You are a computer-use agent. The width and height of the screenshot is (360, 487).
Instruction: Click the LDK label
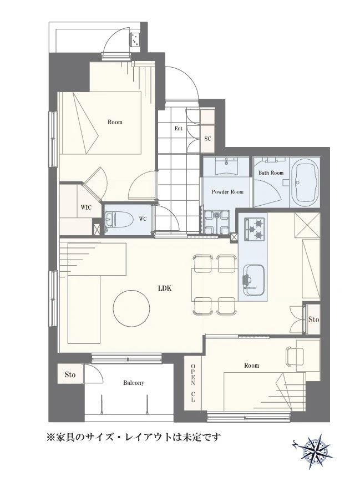click(x=165, y=288)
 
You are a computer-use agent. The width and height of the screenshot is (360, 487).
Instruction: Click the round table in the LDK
click(x=131, y=308)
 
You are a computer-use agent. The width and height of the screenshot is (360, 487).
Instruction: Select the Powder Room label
click(x=227, y=191)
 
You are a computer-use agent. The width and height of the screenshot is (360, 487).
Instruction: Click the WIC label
click(x=86, y=207)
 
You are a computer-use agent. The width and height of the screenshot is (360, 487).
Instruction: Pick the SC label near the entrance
click(x=207, y=139)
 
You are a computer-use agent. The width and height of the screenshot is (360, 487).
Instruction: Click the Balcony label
click(x=134, y=383)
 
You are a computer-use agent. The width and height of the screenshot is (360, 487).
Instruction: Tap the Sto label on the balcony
click(x=70, y=374)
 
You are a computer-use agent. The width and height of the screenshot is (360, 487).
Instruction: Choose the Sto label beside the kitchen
click(x=313, y=319)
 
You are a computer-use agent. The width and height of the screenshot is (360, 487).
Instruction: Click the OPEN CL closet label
click(x=192, y=383)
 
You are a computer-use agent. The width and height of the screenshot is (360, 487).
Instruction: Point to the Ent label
click(x=178, y=128)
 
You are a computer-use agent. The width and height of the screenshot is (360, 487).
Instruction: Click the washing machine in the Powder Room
click(x=217, y=222)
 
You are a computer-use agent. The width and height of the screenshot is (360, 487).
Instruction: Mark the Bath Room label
click(x=271, y=173)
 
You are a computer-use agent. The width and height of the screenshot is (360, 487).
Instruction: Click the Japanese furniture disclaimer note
click(x=134, y=438)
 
